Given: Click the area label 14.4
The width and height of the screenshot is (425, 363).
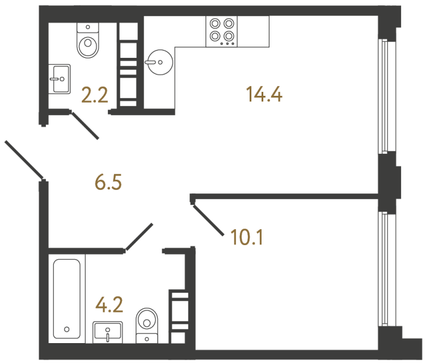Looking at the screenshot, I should [264, 94].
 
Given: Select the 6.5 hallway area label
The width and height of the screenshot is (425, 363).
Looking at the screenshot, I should [108, 183].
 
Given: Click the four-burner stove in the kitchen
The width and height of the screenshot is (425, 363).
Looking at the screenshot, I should [222, 30].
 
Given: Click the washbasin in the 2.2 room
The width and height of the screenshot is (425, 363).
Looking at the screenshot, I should [59, 79].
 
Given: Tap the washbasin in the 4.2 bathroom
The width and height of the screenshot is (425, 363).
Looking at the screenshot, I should [108, 331].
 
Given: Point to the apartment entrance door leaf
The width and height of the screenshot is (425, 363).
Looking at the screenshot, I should [24, 159].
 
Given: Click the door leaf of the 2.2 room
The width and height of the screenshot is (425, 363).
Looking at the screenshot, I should [85, 125].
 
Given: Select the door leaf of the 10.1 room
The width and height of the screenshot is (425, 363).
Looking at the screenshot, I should [208, 220].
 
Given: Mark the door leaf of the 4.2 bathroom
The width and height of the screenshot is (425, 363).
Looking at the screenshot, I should [140, 237].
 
